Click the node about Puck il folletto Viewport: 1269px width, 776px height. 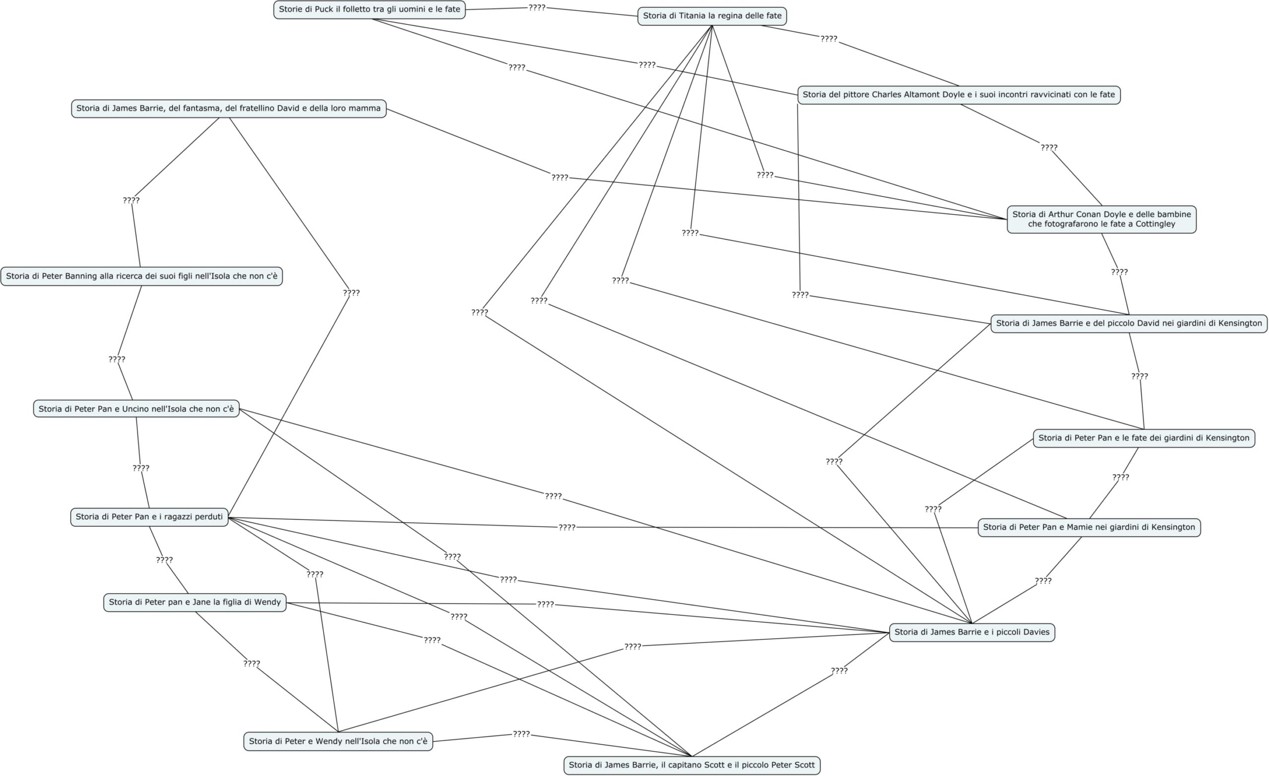[369, 9]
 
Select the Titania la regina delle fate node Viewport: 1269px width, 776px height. [712, 16]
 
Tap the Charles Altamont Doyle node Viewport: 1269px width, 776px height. [959, 95]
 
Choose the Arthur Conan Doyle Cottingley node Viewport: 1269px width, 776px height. [1101, 219]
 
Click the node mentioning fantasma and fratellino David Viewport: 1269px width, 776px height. [229, 108]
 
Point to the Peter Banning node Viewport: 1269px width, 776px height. [142, 276]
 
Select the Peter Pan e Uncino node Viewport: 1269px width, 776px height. [136, 409]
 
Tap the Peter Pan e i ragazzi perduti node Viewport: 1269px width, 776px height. [149, 517]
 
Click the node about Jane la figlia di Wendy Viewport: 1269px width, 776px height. [195, 602]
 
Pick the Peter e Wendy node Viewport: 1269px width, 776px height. [338, 741]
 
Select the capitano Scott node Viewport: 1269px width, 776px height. [692, 765]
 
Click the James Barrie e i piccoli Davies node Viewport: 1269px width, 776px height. [972, 632]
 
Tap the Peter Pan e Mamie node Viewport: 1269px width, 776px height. [1089, 528]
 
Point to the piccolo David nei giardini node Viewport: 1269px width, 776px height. [1129, 324]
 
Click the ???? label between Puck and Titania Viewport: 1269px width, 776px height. [537, 8]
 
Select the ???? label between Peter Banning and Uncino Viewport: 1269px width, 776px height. [117, 359]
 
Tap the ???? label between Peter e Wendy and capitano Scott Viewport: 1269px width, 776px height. [521, 734]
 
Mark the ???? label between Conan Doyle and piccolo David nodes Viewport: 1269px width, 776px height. [1119, 272]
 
